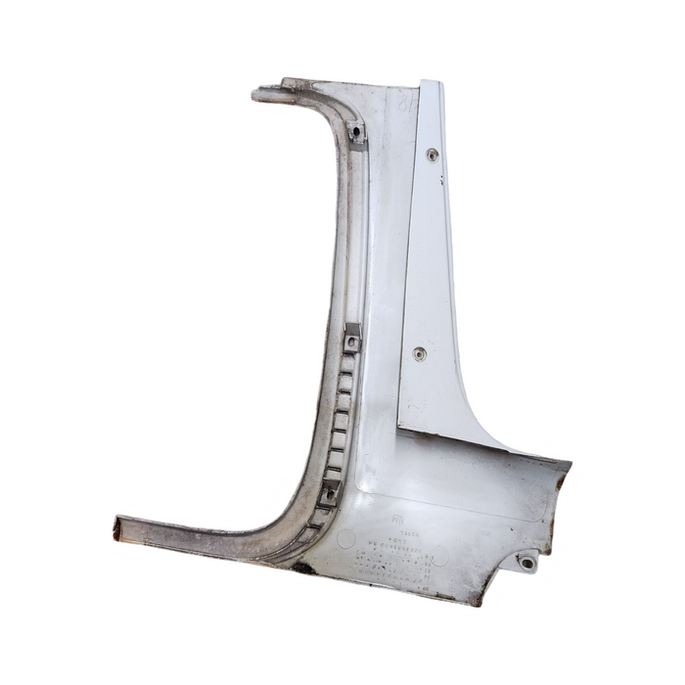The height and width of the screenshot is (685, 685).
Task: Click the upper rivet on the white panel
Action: pyautogui.click(x=432, y=155)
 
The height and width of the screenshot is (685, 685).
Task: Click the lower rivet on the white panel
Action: pyautogui.click(x=419, y=353)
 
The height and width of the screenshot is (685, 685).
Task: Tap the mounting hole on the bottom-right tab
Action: pyautogui.click(x=528, y=563)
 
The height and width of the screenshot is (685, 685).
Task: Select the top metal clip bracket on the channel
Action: pyautogui.click(x=356, y=133)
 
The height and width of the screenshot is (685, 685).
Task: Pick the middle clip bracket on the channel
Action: pyautogui.click(x=352, y=338)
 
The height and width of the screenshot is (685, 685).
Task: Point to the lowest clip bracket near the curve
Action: pyautogui.click(x=330, y=492)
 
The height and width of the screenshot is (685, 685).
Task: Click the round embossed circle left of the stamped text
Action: pyautogui.click(x=345, y=537)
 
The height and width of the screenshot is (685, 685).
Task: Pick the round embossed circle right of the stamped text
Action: pyautogui.click(x=442, y=555)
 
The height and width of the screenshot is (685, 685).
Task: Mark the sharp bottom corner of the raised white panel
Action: pyautogui.click(x=399, y=425)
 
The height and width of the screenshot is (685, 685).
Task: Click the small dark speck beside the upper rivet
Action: pyautogui.click(x=442, y=179)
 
